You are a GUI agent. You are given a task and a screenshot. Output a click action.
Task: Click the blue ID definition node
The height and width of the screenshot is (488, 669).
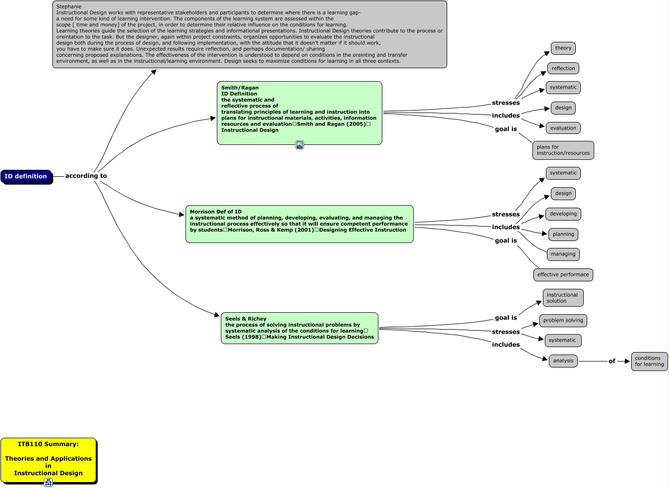(x=26, y=176)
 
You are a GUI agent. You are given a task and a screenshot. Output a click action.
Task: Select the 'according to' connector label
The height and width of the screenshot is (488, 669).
(x=86, y=176)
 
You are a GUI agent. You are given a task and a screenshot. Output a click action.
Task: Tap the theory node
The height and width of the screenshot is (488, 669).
(x=563, y=48)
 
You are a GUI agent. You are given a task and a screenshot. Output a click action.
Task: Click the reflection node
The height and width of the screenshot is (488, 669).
(x=563, y=68)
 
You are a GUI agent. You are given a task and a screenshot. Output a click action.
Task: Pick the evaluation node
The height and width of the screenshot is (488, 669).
(x=563, y=128)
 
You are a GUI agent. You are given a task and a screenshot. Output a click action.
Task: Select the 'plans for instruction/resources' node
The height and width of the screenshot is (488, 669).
(x=563, y=150)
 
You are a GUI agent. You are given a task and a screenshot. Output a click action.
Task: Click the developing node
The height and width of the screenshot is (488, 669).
(x=563, y=214)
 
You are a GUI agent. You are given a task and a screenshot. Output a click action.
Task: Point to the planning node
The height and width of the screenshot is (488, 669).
(x=563, y=234)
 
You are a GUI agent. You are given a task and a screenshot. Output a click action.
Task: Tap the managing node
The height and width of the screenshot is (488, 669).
(x=563, y=254)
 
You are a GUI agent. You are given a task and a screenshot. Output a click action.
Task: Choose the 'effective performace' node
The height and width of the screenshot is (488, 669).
(x=563, y=274)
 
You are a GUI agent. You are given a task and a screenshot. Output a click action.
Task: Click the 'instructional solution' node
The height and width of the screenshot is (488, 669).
(x=562, y=298)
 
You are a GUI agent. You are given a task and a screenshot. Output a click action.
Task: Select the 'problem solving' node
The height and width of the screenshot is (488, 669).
(x=563, y=321)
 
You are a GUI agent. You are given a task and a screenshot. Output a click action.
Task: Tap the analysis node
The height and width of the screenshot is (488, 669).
(x=563, y=361)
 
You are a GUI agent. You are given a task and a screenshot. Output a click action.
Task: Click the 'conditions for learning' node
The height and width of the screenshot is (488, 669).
(x=649, y=361)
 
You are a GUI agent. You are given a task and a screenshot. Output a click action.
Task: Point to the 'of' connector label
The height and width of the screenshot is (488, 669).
(x=612, y=361)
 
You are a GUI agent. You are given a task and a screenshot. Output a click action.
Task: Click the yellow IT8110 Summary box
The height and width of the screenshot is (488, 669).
(x=48, y=459)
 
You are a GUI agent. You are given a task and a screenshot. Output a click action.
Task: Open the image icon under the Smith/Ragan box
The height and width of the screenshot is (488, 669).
(x=300, y=145)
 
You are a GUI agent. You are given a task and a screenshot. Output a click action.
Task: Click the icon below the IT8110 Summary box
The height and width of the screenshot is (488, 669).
(x=48, y=482)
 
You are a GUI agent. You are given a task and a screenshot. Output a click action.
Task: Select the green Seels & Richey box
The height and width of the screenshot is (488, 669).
(x=299, y=328)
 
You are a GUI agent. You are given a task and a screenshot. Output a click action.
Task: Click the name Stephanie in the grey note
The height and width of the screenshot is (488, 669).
(x=69, y=6)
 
